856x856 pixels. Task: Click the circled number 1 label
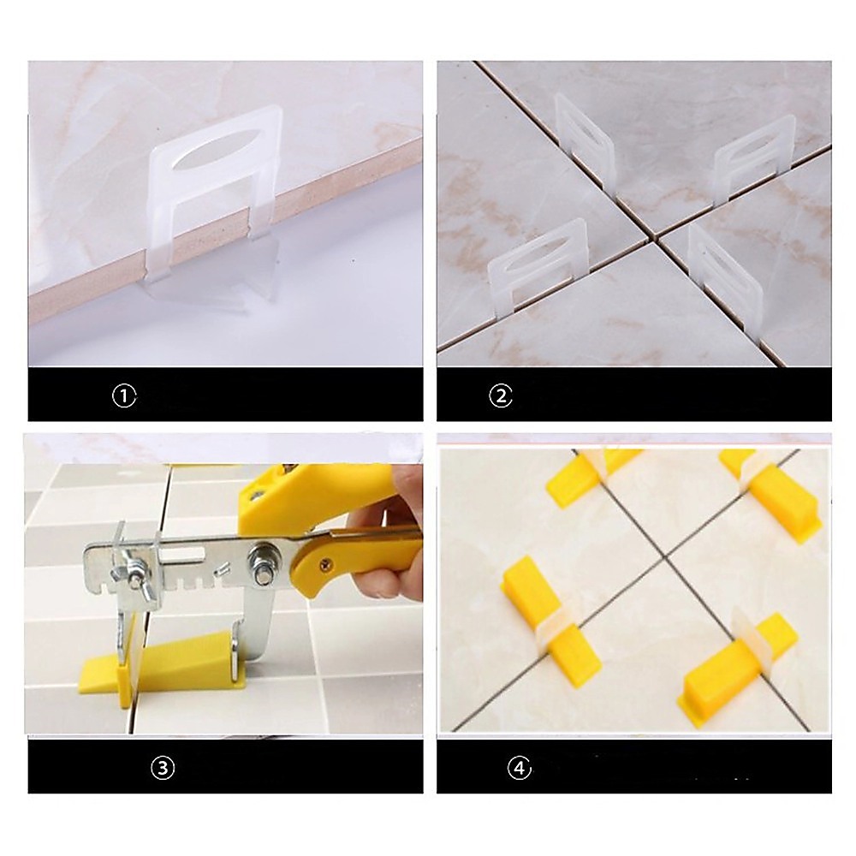pyautogui.click(x=124, y=395)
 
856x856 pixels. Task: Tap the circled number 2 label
pyautogui.click(x=501, y=395)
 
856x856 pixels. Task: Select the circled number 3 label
pyautogui.click(x=162, y=768)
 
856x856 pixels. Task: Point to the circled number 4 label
pyautogui.click(x=520, y=768)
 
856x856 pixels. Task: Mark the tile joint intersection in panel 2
pyautogui.click(x=656, y=236)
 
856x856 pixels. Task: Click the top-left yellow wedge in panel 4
pyautogui.click(x=592, y=474)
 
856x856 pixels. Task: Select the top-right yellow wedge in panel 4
pyautogui.click(x=770, y=494)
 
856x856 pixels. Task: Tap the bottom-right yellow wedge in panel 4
pyautogui.click(x=738, y=667)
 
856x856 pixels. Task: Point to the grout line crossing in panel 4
pyautogui.click(x=664, y=557)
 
